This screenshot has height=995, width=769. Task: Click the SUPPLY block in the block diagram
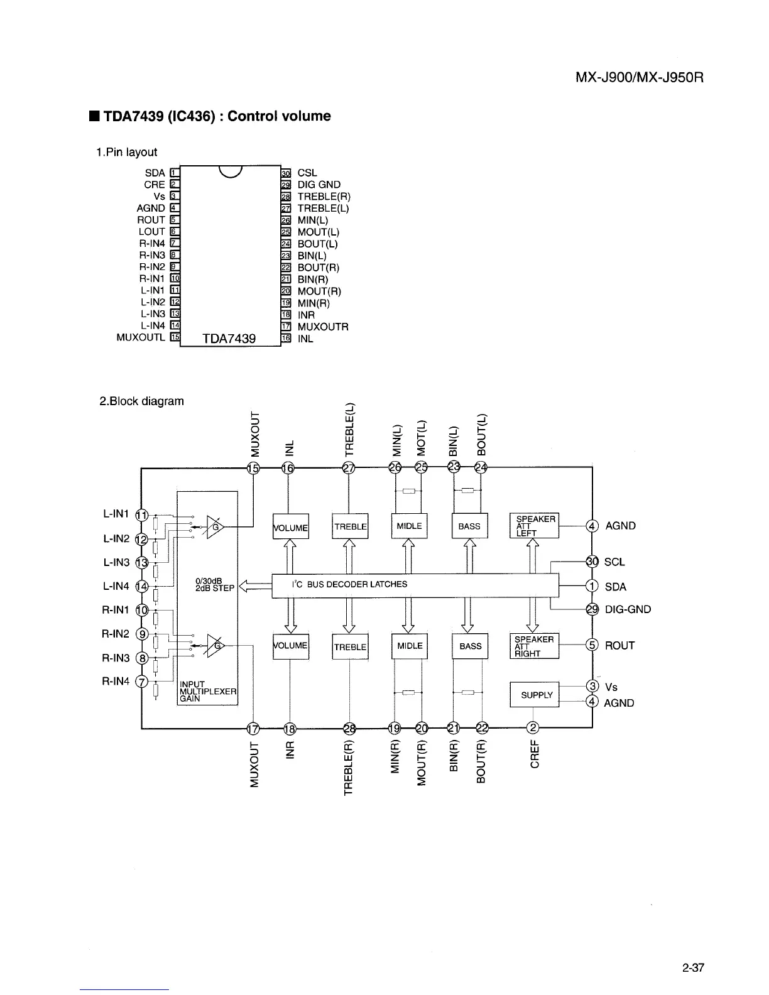tap(534, 694)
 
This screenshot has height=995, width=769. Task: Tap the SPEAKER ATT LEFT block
tap(534, 526)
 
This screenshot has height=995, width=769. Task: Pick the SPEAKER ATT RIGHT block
tap(534, 646)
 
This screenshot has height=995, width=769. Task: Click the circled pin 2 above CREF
tap(533, 728)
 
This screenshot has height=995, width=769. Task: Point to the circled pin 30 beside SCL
tap(591, 562)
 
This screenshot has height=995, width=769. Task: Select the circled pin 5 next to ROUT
tap(591, 645)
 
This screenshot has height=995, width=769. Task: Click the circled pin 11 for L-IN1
tap(143, 514)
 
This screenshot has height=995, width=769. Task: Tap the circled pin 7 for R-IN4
tap(143, 682)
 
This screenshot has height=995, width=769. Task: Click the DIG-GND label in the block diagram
tap(628, 609)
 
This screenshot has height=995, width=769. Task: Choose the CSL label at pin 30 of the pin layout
tap(307, 173)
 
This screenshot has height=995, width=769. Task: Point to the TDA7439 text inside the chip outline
tap(229, 339)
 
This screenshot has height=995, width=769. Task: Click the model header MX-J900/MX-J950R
tap(640, 79)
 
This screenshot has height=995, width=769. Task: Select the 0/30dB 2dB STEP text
tap(215, 585)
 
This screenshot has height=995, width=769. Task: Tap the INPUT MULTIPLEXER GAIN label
tap(207, 691)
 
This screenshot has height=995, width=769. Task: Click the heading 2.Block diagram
tap(142, 401)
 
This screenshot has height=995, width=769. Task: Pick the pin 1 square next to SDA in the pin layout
tap(175, 173)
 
